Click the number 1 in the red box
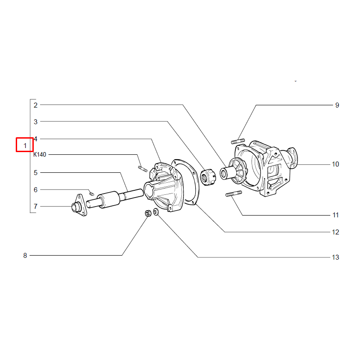pos(25,145)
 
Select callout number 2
pos(36,105)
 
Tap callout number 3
pos(36,121)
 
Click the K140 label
pos(40,154)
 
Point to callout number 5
pos(36,173)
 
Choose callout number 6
pos(36,189)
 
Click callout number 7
pos(36,207)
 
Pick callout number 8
pos(25,255)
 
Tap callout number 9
pos(337,105)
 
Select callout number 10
pos(335,164)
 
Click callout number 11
pos(336,215)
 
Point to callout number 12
pos(335,232)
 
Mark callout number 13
pos(335,257)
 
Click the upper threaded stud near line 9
pos(238,141)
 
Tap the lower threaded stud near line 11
pos(234,193)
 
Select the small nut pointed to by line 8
pos(148,213)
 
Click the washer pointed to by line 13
pos(156,211)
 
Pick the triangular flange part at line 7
pos(79,206)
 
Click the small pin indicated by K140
pos(143,169)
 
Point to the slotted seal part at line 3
pos(208,177)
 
